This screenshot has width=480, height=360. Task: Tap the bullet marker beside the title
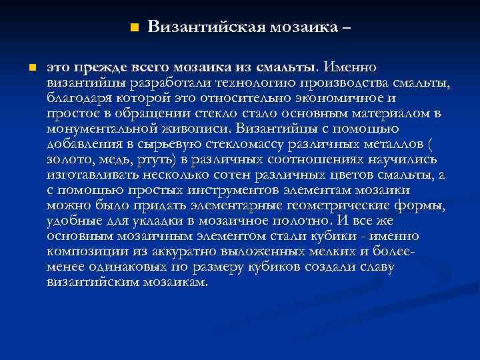click(x=134, y=28)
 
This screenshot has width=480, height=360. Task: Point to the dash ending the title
click(x=345, y=28)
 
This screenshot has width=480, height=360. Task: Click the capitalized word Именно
click(x=350, y=67)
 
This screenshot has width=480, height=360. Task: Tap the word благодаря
click(x=78, y=99)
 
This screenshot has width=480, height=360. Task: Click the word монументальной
click(x=93, y=129)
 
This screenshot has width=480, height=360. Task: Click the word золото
click(x=67, y=159)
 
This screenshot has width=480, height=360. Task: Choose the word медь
click(x=114, y=159)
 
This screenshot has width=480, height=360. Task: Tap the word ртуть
click(x=154, y=159)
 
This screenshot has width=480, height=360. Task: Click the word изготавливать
click(x=93, y=175)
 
